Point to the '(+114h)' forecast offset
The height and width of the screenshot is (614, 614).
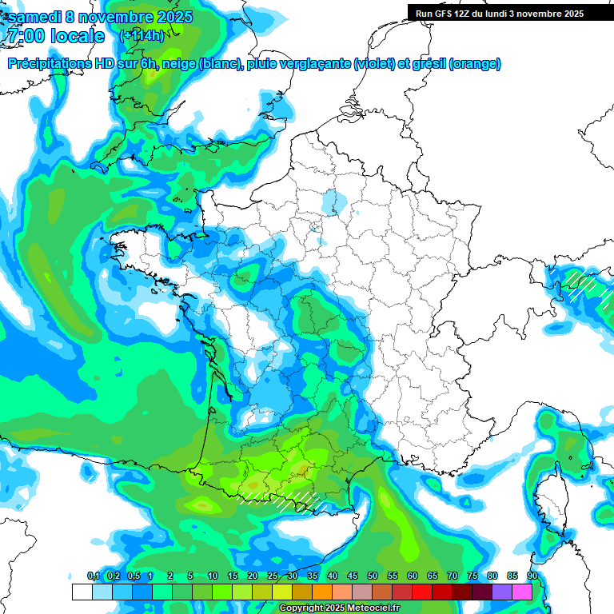[x=142, y=35]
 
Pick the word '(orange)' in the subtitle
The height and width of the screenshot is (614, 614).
[x=475, y=64]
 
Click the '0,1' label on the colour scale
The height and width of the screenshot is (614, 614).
[x=94, y=576]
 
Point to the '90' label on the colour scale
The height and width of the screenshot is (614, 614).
[x=532, y=576]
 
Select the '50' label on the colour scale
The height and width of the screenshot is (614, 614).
[x=373, y=576]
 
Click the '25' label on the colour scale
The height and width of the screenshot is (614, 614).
[x=273, y=576]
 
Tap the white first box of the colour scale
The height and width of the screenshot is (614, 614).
[x=82, y=592]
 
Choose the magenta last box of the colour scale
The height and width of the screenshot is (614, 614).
[x=522, y=592]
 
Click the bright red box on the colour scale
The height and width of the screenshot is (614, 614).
[x=422, y=592]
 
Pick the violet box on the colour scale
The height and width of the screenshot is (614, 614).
[x=502, y=592]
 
